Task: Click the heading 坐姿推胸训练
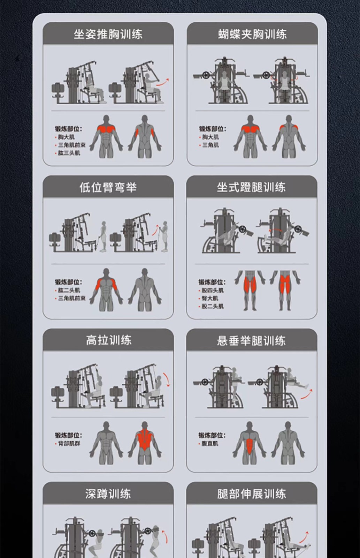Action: click(x=108, y=34)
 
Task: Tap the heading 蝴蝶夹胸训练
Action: click(x=252, y=34)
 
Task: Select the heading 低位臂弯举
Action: click(x=108, y=187)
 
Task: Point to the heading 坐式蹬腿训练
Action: click(x=252, y=187)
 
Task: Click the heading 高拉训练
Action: click(x=108, y=340)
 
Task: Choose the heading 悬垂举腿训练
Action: click(x=252, y=340)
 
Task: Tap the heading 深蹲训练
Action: click(x=108, y=494)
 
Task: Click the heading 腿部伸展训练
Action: click(x=252, y=494)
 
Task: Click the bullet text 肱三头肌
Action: click(x=69, y=153)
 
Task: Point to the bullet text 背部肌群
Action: click(x=69, y=443)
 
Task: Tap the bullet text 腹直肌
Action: click(x=210, y=443)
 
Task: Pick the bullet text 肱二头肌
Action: click(x=69, y=290)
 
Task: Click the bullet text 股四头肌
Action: click(x=213, y=290)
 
